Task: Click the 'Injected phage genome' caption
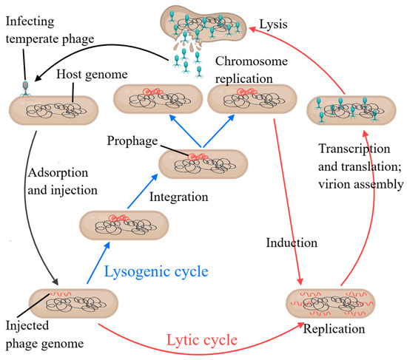[x=41, y=333]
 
